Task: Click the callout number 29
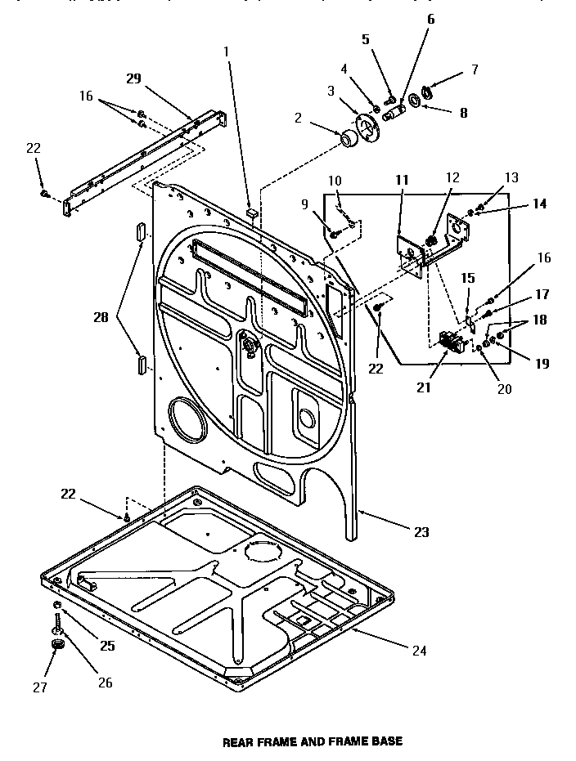(x=134, y=78)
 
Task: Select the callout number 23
(x=421, y=532)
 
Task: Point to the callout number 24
(x=418, y=651)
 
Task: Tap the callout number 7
(x=474, y=69)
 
